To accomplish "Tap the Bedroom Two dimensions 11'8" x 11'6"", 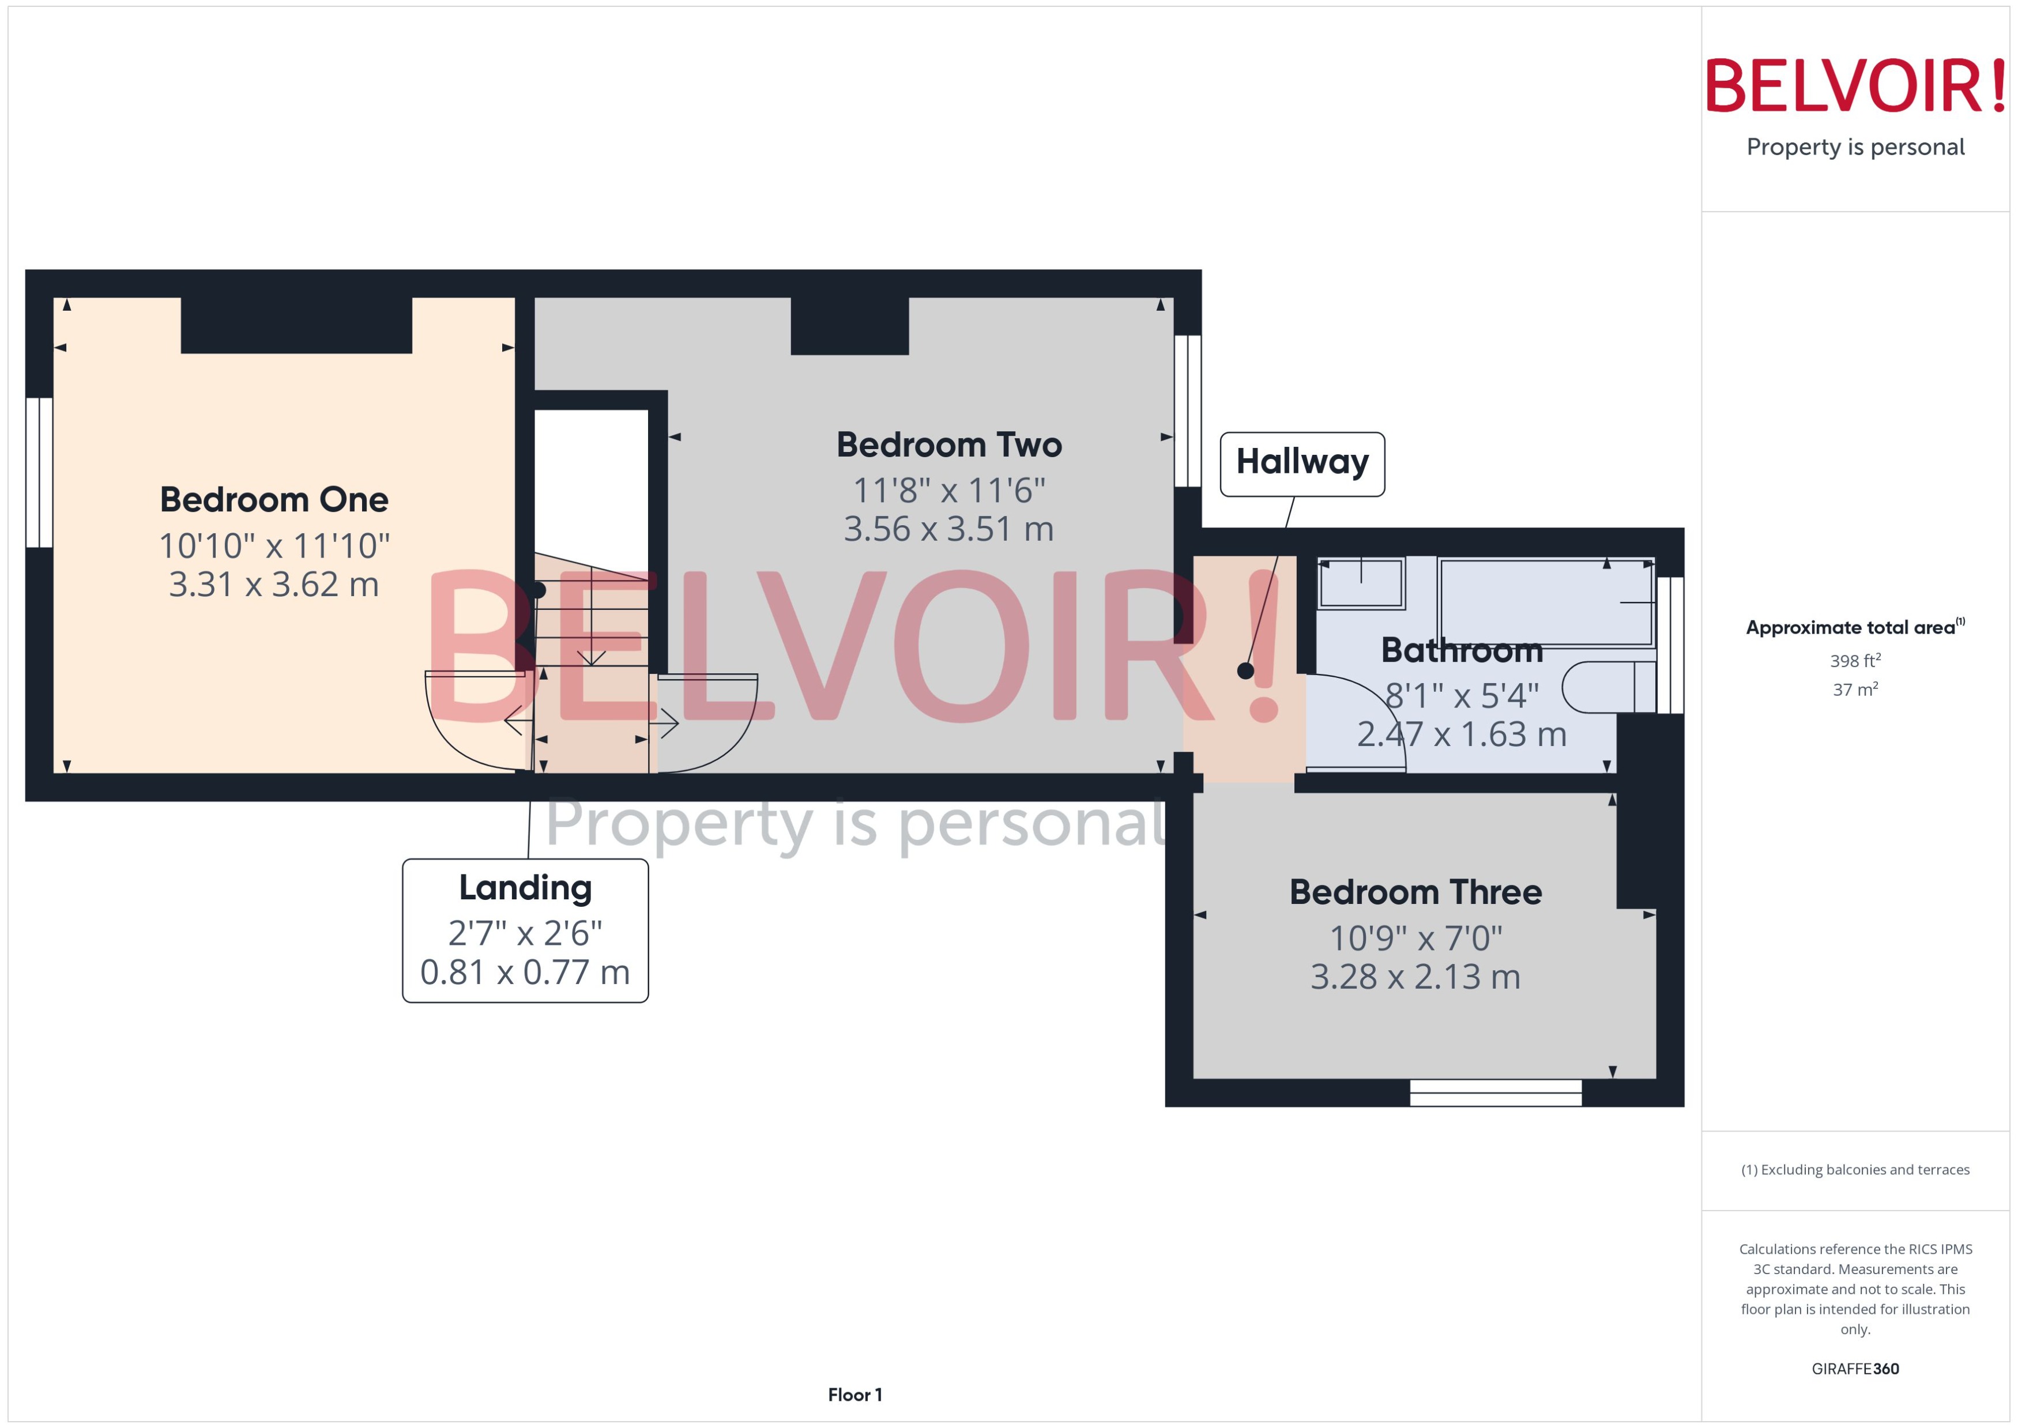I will (949, 491).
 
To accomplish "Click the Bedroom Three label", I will (1415, 892).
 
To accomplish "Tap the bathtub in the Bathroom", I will (1545, 602).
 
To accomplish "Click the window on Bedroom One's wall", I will (39, 472).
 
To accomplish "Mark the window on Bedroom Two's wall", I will (1187, 410).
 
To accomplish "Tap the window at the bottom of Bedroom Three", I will (1495, 1093).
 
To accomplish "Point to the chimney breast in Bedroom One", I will (296, 325).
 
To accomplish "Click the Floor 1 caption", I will (854, 1395).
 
